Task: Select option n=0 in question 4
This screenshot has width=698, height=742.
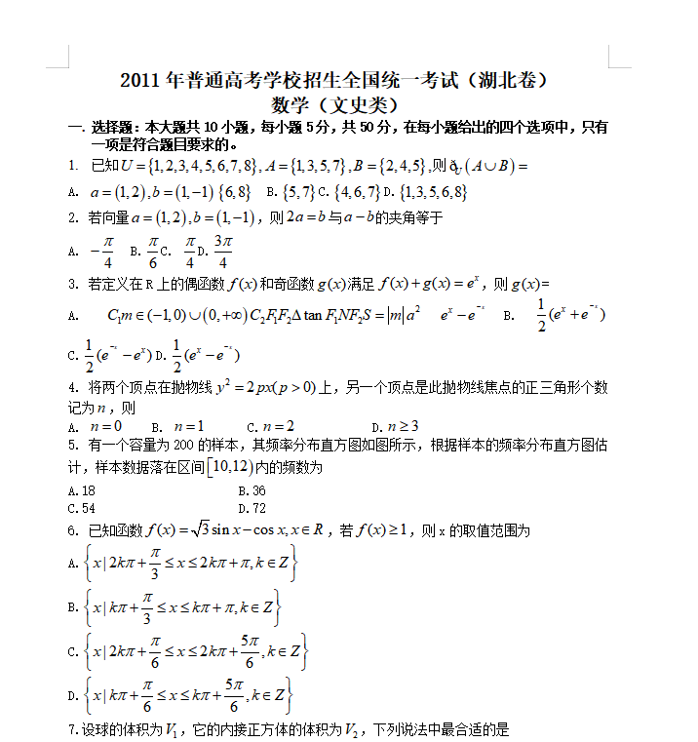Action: point(105,426)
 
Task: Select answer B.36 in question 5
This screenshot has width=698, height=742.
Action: point(252,491)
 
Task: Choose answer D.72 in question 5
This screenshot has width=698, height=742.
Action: point(252,508)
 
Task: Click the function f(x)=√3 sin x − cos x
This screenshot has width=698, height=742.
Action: point(233,531)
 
